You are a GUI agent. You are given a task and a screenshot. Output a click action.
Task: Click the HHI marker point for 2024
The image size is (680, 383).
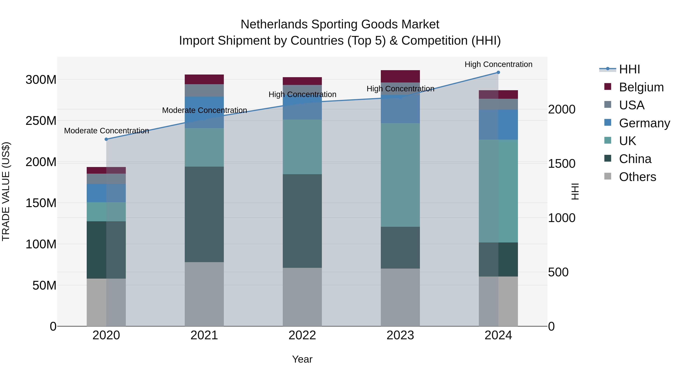498,72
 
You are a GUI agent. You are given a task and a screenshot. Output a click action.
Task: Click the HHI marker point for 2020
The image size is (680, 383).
106,139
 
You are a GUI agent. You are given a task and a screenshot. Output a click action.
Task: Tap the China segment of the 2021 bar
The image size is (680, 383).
204,214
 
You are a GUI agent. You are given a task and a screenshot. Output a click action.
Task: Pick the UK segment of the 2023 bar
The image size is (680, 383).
400,175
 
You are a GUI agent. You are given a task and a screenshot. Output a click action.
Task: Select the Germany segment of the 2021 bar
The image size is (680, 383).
204,112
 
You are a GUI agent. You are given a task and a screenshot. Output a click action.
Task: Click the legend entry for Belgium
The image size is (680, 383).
641,87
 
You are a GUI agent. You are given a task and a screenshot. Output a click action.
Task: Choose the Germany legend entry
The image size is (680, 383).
644,123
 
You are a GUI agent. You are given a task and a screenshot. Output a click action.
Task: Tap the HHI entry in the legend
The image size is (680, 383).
629,69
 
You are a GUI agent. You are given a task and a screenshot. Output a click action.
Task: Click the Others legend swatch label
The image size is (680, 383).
637,177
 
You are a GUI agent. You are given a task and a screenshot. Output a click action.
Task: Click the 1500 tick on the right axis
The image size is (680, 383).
562,164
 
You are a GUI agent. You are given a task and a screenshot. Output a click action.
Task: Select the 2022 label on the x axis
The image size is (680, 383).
302,335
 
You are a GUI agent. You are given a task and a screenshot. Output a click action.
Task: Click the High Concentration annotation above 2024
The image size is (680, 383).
498,64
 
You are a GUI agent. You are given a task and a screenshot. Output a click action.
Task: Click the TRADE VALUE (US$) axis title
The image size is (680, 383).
6,191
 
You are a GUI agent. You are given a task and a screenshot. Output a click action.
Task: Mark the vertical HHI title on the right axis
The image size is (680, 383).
575,191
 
